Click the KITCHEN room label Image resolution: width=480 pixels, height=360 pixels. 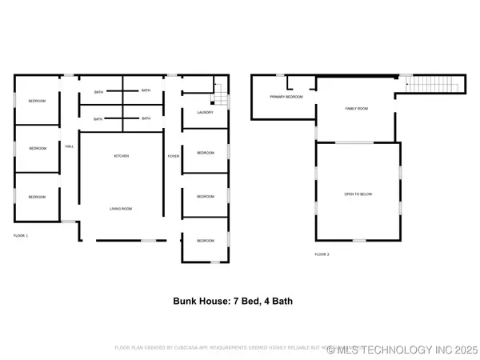tap(121, 156)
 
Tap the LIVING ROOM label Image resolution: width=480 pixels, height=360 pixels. tap(121, 209)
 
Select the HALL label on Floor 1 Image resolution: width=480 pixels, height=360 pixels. tap(70, 146)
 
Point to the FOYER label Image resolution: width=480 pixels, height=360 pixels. tap(172, 156)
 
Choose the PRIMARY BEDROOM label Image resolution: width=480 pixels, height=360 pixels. tap(286, 97)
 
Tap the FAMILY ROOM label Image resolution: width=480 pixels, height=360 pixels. tap(356, 108)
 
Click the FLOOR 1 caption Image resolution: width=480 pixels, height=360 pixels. tap(21, 236)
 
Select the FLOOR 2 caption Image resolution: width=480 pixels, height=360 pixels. tap(322, 254)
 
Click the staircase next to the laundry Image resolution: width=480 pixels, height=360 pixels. tap(219, 100)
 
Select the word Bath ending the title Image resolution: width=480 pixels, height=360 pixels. tap(295, 302)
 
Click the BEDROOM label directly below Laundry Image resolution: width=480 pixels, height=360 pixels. tap(206, 152)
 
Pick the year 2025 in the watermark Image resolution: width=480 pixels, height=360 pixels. tap(463, 349)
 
